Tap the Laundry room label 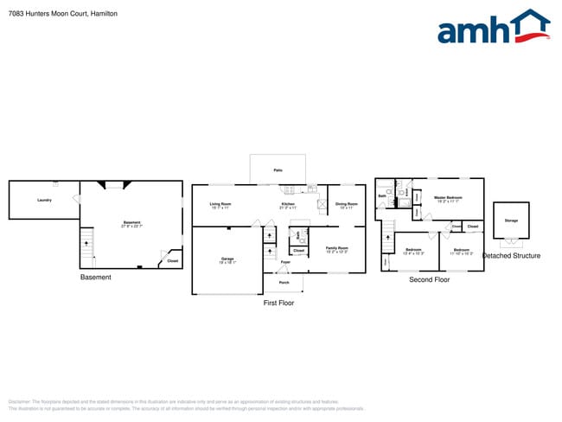click(x=44, y=201)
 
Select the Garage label click(x=227, y=259)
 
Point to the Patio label click(x=278, y=171)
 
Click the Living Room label click(x=220, y=204)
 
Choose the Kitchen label click(x=288, y=204)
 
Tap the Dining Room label click(x=347, y=204)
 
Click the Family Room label click(x=336, y=248)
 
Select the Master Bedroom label click(x=448, y=198)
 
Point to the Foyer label click(x=285, y=261)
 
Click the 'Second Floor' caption click(x=430, y=280)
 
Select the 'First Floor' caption click(x=278, y=304)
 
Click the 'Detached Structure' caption click(x=511, y=256)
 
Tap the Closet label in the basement click(x=172, y=260)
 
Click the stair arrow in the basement click(x=86, y=244)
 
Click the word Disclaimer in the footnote click(x=18, y=402)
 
